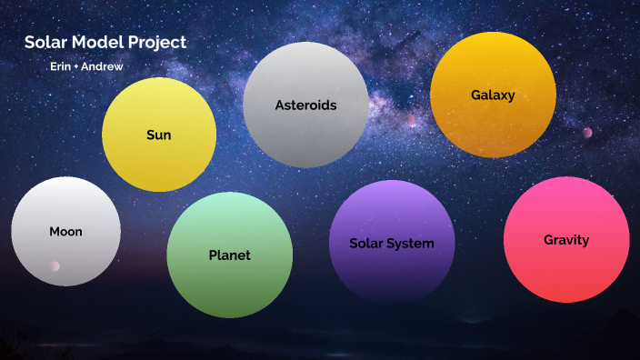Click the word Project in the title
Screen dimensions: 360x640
coord(156,43)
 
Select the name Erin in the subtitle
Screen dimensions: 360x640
coord(61,67)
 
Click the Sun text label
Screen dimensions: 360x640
coord(159,135)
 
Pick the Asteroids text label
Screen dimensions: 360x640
coord(305,105)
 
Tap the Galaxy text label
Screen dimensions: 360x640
coord(493,95)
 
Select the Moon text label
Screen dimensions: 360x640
coord(65,232)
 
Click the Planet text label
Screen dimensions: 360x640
coord(229,255)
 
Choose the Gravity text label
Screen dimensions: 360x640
coord(566,240)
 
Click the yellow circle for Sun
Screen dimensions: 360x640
coord(159,164)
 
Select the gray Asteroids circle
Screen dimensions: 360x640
coord(305,136)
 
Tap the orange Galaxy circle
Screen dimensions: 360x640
coord(493,127)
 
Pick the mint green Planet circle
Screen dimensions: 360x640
coord(229,286)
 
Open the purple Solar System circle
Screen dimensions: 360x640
coord(391,273)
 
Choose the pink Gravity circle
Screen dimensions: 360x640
coord(566,273)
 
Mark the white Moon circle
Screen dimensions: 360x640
coord(65,205)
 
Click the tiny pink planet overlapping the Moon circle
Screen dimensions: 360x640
coord(55,266)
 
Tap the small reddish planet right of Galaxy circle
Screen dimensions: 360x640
coord(587,133)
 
